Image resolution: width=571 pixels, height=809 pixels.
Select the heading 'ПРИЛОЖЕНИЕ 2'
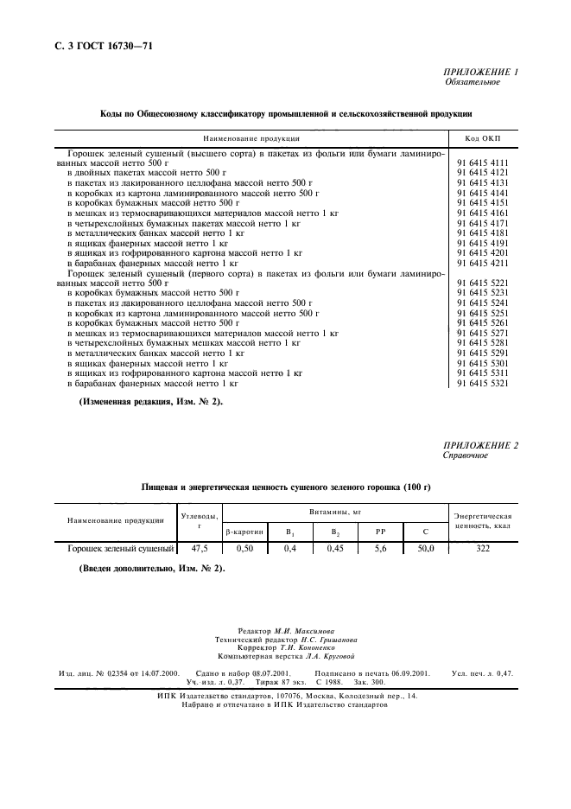(481, 445)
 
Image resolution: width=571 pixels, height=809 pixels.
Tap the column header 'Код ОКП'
(483, 138)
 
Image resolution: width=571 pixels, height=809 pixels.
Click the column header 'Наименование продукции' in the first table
(251, 138)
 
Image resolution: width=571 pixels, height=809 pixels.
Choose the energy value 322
(483, 548)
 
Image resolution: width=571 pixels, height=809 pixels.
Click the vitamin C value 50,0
(426, 548)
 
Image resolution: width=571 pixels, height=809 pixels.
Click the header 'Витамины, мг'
(334, 513)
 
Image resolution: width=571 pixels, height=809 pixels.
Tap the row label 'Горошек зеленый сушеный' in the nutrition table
(117, 548)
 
